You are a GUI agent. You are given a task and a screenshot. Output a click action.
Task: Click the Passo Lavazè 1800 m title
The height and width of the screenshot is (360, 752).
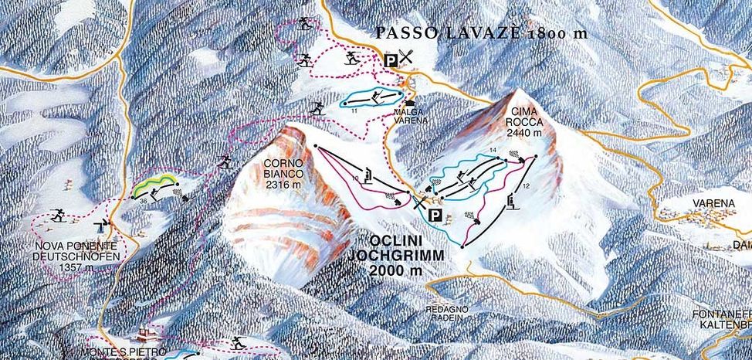coord(480,32)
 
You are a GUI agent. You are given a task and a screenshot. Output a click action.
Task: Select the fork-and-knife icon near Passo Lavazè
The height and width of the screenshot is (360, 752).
coord(407,56)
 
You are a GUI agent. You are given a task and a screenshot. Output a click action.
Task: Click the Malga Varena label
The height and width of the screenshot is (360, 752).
coord(412,114)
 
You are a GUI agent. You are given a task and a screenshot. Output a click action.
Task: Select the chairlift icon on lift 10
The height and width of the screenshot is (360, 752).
coord(369,175)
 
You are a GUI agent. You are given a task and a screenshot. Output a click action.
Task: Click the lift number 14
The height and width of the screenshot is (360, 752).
coord(492,149)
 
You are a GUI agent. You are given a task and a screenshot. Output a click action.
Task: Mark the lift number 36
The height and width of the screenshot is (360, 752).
coord(144,202)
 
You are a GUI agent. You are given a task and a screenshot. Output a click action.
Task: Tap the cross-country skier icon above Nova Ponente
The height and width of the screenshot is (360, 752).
coord(56,216)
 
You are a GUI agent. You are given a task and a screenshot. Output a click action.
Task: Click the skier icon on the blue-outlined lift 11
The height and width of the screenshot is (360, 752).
coord(376,97)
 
